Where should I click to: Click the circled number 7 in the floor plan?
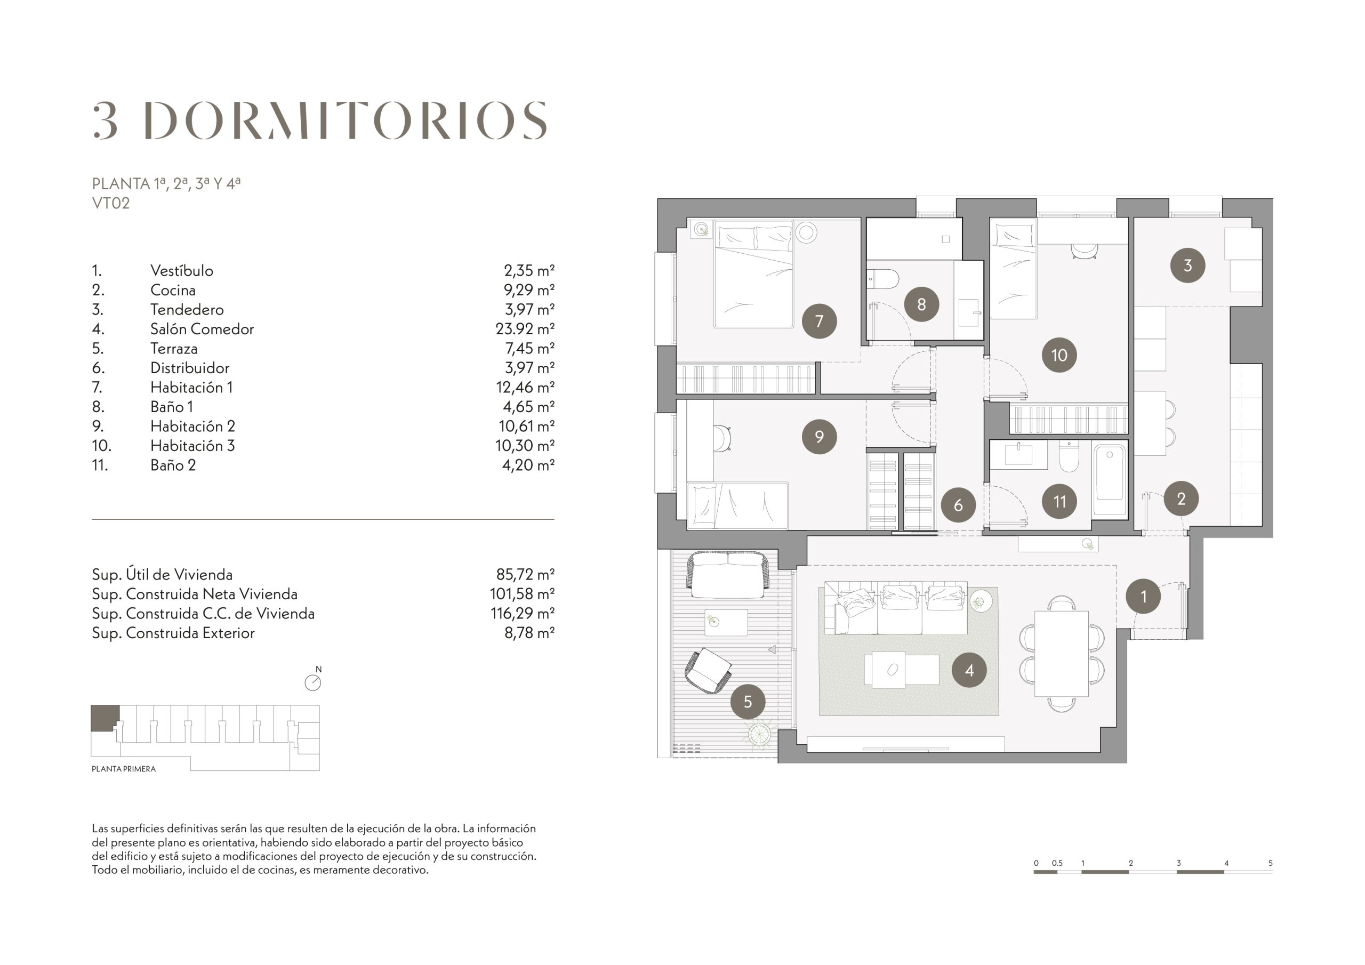click(x=819, y=321)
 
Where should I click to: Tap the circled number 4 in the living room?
click(x=969, y=670)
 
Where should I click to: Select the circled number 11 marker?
click(x=1059, y=502)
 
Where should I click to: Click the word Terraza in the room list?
click(x=174, y=349)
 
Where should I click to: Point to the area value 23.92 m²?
click(x=525, y=329)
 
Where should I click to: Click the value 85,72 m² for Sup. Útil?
click(x=526, y=574)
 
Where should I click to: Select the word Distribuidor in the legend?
click(x=190, y=368)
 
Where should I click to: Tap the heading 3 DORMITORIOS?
click(x=320, y=120)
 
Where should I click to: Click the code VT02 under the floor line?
click(x=110, y=203)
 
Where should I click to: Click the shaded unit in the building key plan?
click(x=105, y=718)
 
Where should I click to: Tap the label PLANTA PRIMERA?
click(x=124, y=769)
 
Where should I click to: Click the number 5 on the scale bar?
click(x=1271, y=863)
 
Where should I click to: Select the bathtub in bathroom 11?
click(x=1110, y=479)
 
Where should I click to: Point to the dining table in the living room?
click(x=1061, y=654)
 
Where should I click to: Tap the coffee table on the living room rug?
click(x=901, y=670)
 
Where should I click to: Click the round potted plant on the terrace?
click(x=759, y=734)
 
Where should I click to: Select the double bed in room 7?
click(x=754, y=274)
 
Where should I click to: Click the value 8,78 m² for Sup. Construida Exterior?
click(x=529, y=633)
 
